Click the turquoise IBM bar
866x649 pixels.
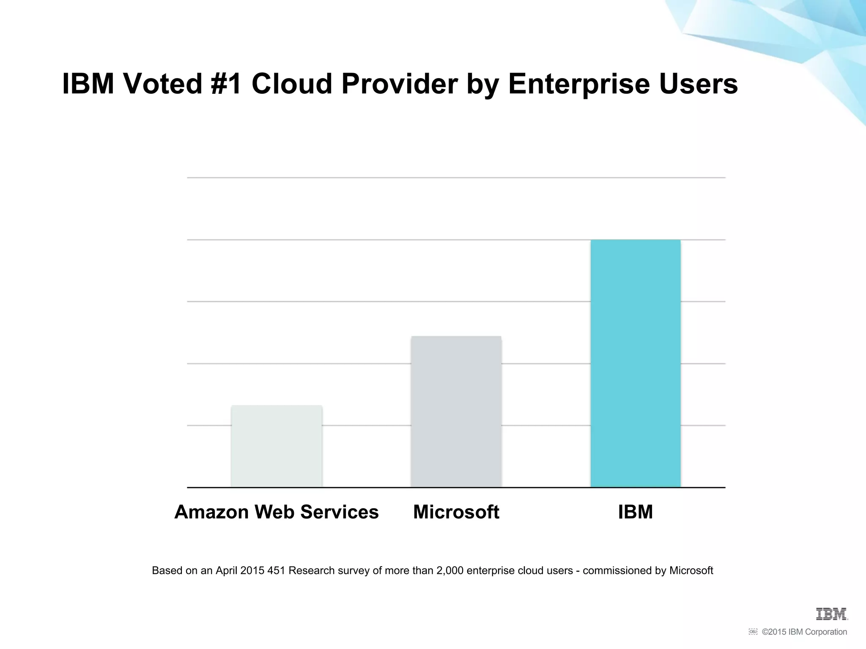pyautogui.click(x=636, y=363)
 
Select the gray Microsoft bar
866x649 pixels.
pyautogui.click(x=456, y=412)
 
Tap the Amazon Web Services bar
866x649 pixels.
pyautogui.click(x=277, y=446)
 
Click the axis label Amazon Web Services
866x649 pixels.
pyautogui.click(x=277, y=512)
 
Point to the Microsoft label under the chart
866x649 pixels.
pyautogui.click(x=456, y=512)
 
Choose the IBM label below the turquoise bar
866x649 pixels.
pyautogui.click(x=636, y=512)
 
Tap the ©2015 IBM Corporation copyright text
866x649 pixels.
pyautogui.click(x=804, y=632)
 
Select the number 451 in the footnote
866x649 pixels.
pyautogui.click(x=276, y=571)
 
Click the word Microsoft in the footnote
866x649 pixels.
pyautogui.click(x=691, y=571)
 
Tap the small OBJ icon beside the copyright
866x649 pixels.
pyautogui.click(x=753, y=632)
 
